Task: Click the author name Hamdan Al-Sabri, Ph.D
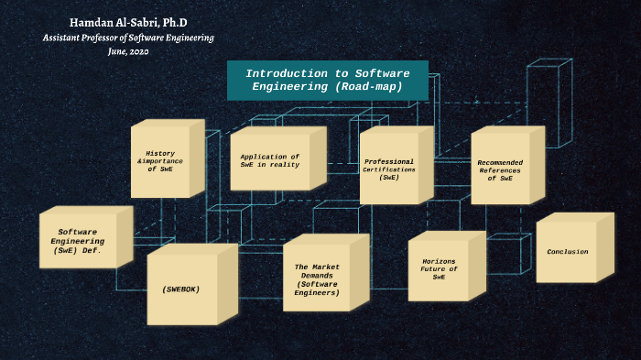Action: (x=128, y=22)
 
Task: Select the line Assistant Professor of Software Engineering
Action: (x=128, y=38)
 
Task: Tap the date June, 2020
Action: (x=128, y=52)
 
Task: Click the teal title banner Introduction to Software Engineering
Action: (x=327, y=81)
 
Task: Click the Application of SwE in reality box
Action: (x=270, y=162)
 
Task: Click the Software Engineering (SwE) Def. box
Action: (x=78, y=241)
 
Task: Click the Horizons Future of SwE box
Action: (x=439, y=268)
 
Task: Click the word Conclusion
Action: (x=568, y=251)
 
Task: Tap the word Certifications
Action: (x=389, y=169)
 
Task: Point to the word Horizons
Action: (x=439, y=261)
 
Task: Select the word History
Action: (x=160, y=153)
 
